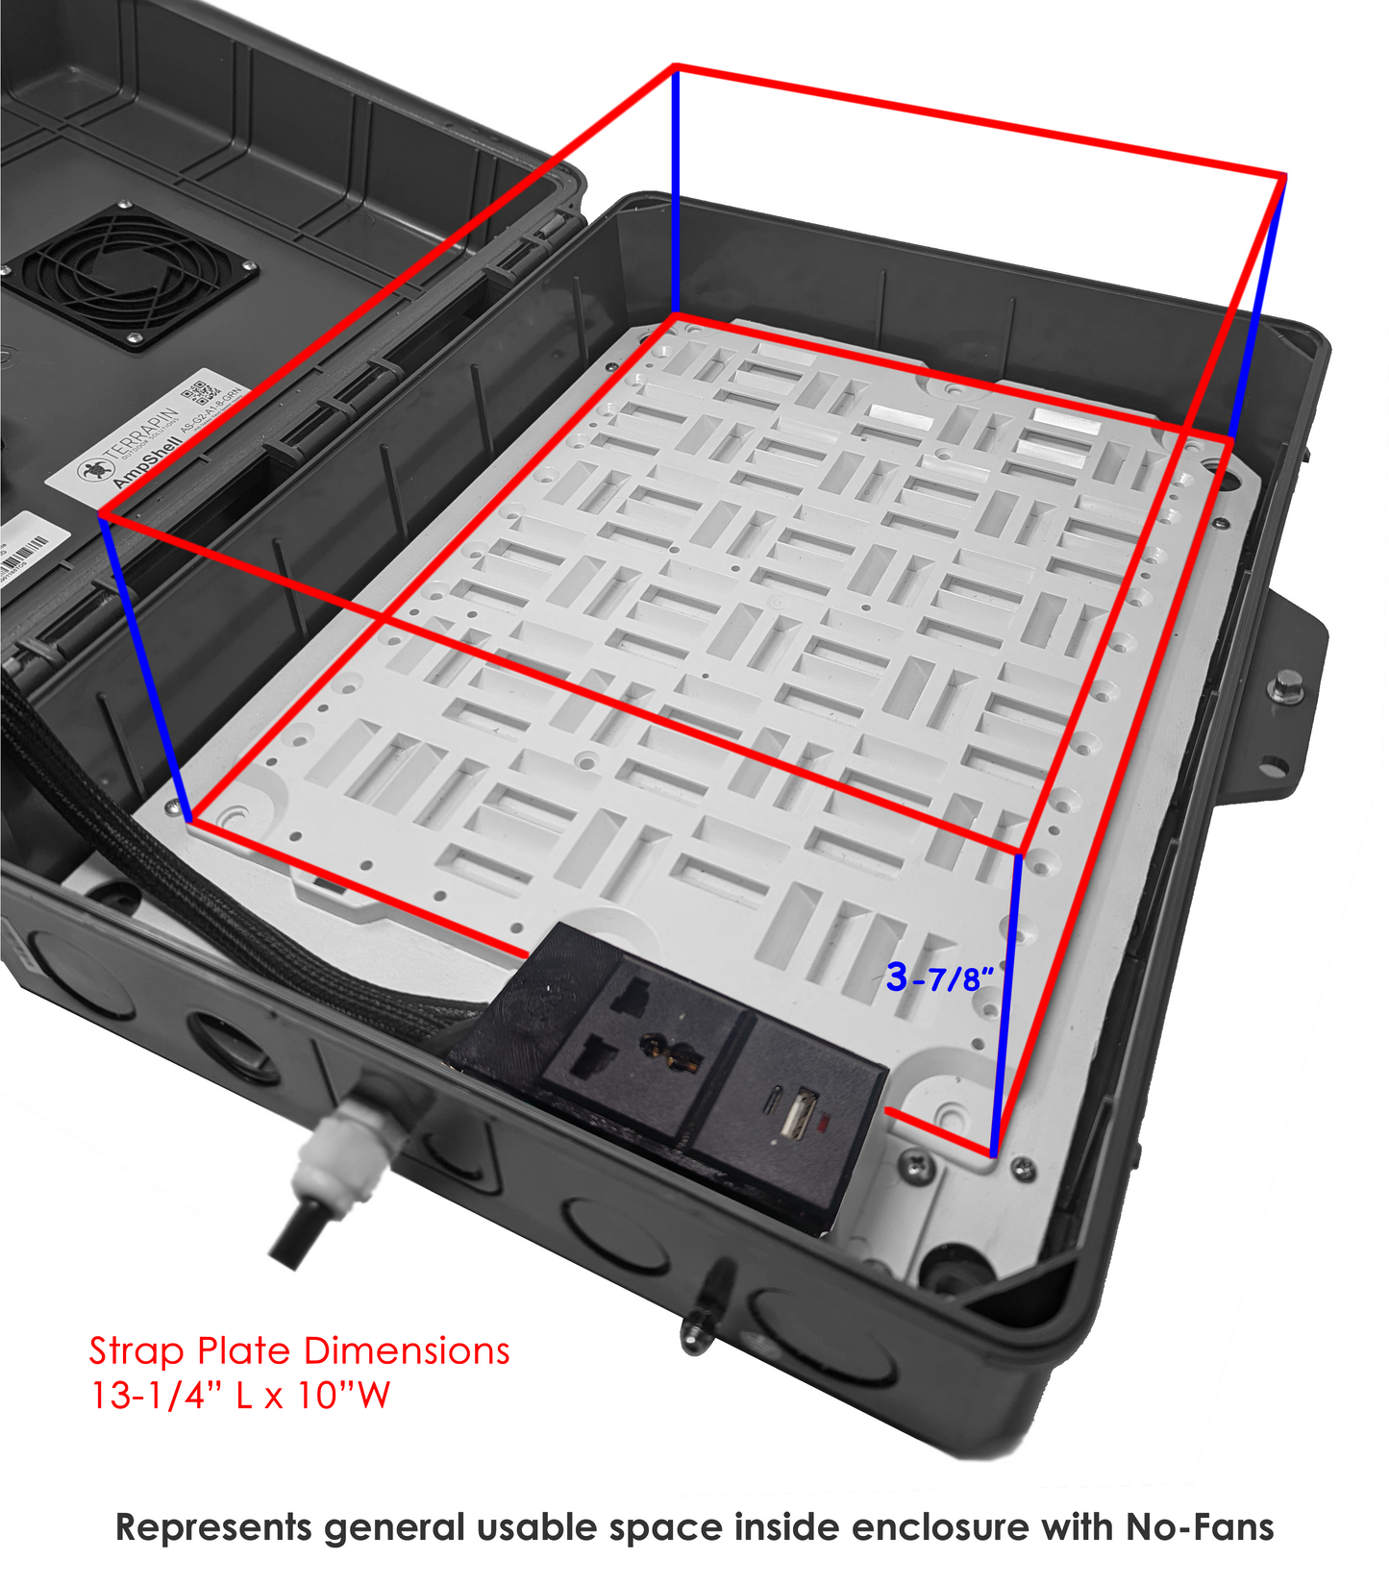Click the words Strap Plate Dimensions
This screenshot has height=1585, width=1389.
click(x=299, y=1351)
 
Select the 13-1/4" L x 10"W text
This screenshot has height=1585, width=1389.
click(x=240, y=1396)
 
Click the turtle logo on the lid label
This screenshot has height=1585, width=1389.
click(x=93, y=470)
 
